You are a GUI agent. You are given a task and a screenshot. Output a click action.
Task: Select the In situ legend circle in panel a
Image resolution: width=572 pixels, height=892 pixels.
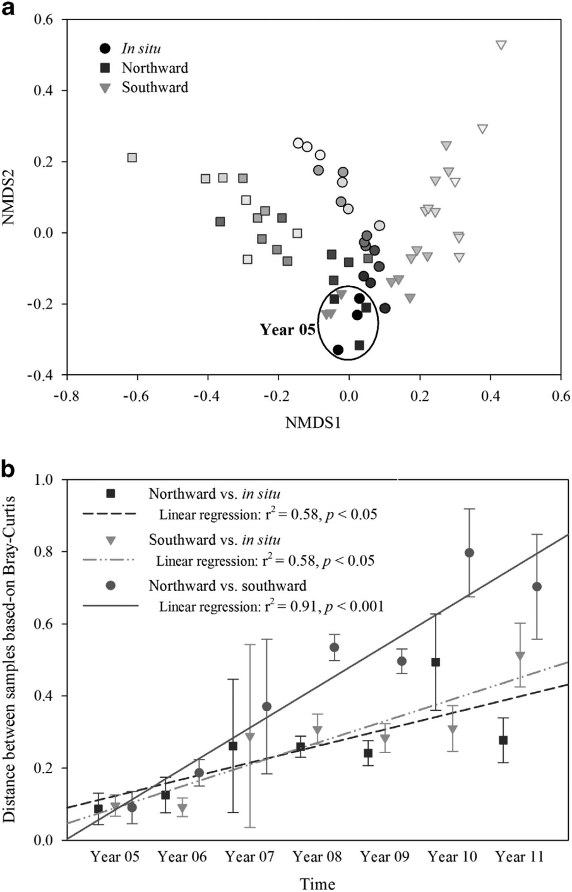click(106, 49)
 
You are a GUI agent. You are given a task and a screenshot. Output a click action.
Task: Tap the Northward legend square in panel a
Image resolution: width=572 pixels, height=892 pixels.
click(106, 68)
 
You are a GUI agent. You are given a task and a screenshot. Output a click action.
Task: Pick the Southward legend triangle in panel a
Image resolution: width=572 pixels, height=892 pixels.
click(106, 88)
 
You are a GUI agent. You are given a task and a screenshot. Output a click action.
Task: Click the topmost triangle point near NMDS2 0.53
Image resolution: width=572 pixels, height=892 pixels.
click(501, 45)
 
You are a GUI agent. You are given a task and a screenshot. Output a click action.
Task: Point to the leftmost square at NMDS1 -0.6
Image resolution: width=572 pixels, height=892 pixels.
click(132, 157)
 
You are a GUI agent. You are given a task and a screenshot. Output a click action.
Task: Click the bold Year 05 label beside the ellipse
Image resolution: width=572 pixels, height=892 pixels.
click(287, 330)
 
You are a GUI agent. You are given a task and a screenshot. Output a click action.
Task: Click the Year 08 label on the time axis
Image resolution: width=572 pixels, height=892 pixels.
click(318, 857)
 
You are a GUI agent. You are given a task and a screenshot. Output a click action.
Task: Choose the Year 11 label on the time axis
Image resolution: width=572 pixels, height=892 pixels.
click(520, 857)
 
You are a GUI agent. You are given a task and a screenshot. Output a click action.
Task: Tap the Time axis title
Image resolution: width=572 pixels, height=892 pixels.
click(318, 883)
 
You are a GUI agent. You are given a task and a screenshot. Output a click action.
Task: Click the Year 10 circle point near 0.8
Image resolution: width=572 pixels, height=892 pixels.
click(469, 552)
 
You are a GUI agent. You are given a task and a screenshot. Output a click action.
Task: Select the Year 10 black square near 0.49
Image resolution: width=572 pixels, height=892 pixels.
click(436, 662)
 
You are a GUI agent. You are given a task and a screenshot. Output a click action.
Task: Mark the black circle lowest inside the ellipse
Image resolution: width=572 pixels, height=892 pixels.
click(338, 350)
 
